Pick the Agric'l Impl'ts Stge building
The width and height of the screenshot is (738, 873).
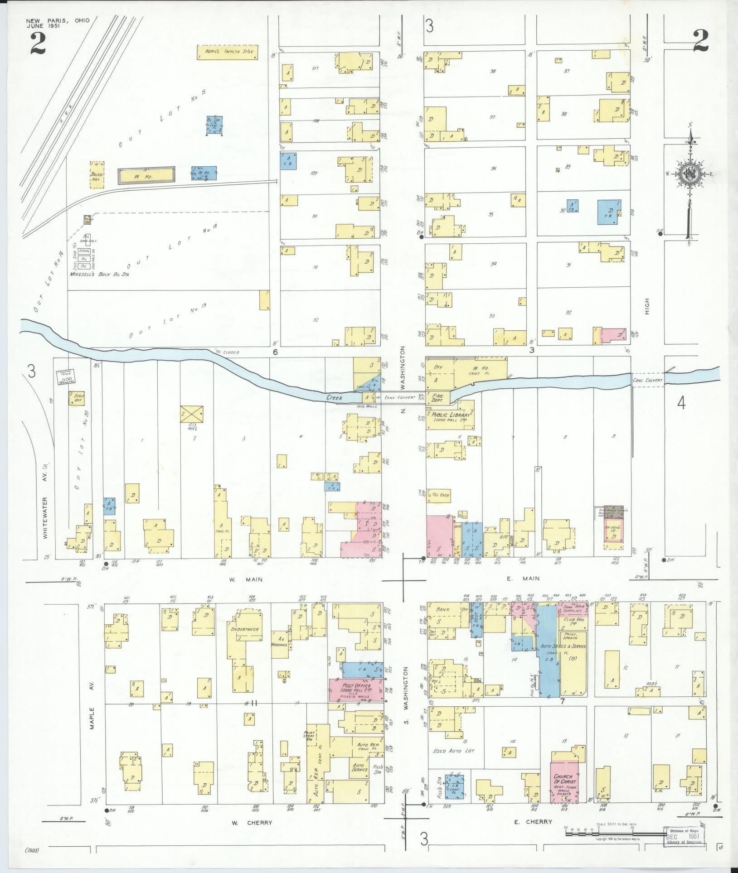coord(227,52)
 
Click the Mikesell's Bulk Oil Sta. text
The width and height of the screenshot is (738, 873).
coord(99,274)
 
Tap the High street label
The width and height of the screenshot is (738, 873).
coord(647,306)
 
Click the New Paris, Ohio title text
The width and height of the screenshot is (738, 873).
coord(58,20)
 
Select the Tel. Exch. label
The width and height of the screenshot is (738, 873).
coord(441,495)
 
